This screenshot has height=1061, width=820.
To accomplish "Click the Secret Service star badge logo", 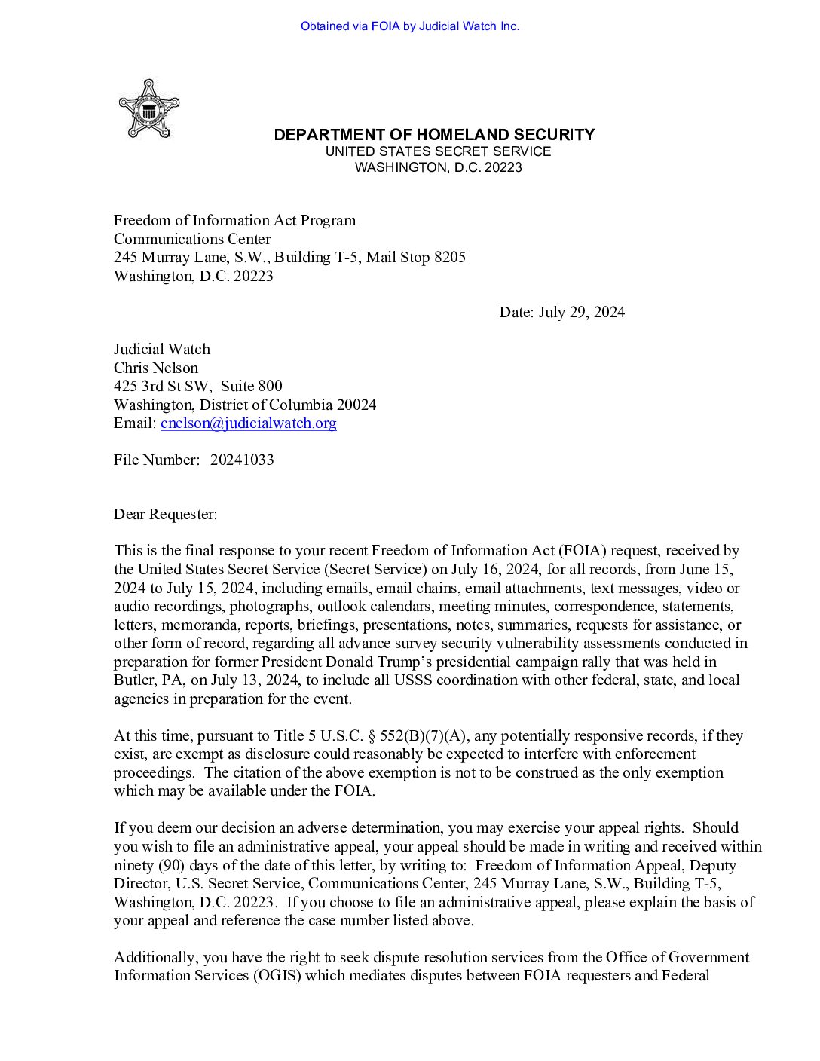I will pyautogui.click(x=148, y=109).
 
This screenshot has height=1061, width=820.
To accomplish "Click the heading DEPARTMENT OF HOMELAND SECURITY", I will pyautogui.click(x=434, y=135).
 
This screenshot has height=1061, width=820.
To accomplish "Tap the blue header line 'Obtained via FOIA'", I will pyautogui.click(x=410, y=26).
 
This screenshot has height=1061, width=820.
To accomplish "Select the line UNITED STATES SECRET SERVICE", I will pyautogui.click(x=438, y=151).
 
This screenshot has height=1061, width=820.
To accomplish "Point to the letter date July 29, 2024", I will pyautogui.click(x=581, y=313).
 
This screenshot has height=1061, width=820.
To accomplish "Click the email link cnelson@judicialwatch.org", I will pyautogui.click(x=249, y=423).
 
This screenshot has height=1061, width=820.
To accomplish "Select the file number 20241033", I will pyautogui.click(x=242, y=460).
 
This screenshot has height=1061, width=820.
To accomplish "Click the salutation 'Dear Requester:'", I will pyautogui.click(x=165, y=515).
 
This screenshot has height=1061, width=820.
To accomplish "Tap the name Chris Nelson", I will pyautogui.click(x=156, y=368).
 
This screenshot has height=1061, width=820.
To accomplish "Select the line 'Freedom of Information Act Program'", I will pyautogui.click(x=234, y=221).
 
